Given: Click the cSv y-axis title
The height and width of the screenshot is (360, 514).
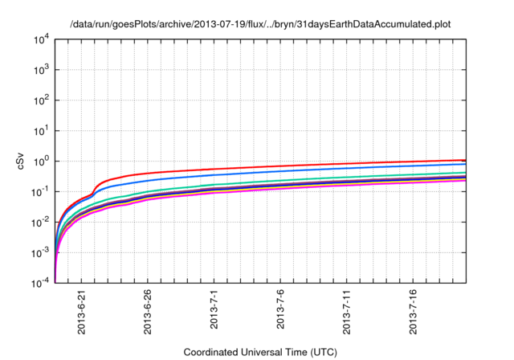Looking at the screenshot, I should (22, 161).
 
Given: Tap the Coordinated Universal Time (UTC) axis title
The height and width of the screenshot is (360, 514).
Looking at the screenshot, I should (260, 352).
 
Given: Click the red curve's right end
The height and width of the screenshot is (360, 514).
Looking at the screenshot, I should (465, 160).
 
